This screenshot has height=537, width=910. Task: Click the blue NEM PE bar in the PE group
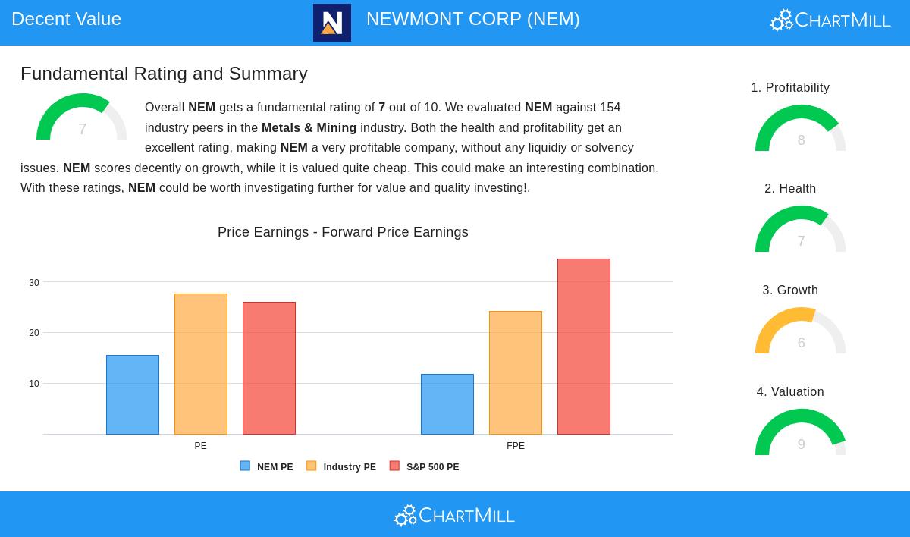[x=133, y=394]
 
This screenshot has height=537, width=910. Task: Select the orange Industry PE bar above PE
[x=201, y=364]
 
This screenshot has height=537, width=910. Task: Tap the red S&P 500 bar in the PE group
[x=269, y=368]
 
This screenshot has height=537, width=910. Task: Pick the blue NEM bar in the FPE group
[x=447, y=404]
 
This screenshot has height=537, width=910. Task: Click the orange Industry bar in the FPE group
[x=516, y=372]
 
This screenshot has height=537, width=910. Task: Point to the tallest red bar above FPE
[x=584, y=347]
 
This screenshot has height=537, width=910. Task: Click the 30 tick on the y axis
[x=34, y=283]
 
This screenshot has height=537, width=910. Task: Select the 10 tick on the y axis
[x=34, y=384]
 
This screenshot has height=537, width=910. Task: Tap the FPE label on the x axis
[x=516, y=446]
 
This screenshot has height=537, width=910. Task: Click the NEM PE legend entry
[x=267, y=467]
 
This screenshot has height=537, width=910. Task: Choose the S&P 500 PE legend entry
[x=425, y=467]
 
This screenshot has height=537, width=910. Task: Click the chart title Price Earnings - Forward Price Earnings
[x=343, y=232]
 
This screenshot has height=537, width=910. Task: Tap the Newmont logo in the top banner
[x=332, y=23]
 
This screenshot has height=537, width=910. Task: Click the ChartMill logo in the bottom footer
[x=454, y=516]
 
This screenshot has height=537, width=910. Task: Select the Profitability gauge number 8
[x=801, y=140]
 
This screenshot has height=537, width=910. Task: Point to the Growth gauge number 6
[x=801, y=343]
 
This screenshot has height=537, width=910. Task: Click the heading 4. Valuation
[x=790, y=392]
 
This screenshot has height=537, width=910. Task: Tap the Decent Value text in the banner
[x=67, y=19]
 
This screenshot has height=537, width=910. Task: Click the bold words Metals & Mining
[x=309, y=127]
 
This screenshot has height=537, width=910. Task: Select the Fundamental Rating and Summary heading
[x=164, y=74]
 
